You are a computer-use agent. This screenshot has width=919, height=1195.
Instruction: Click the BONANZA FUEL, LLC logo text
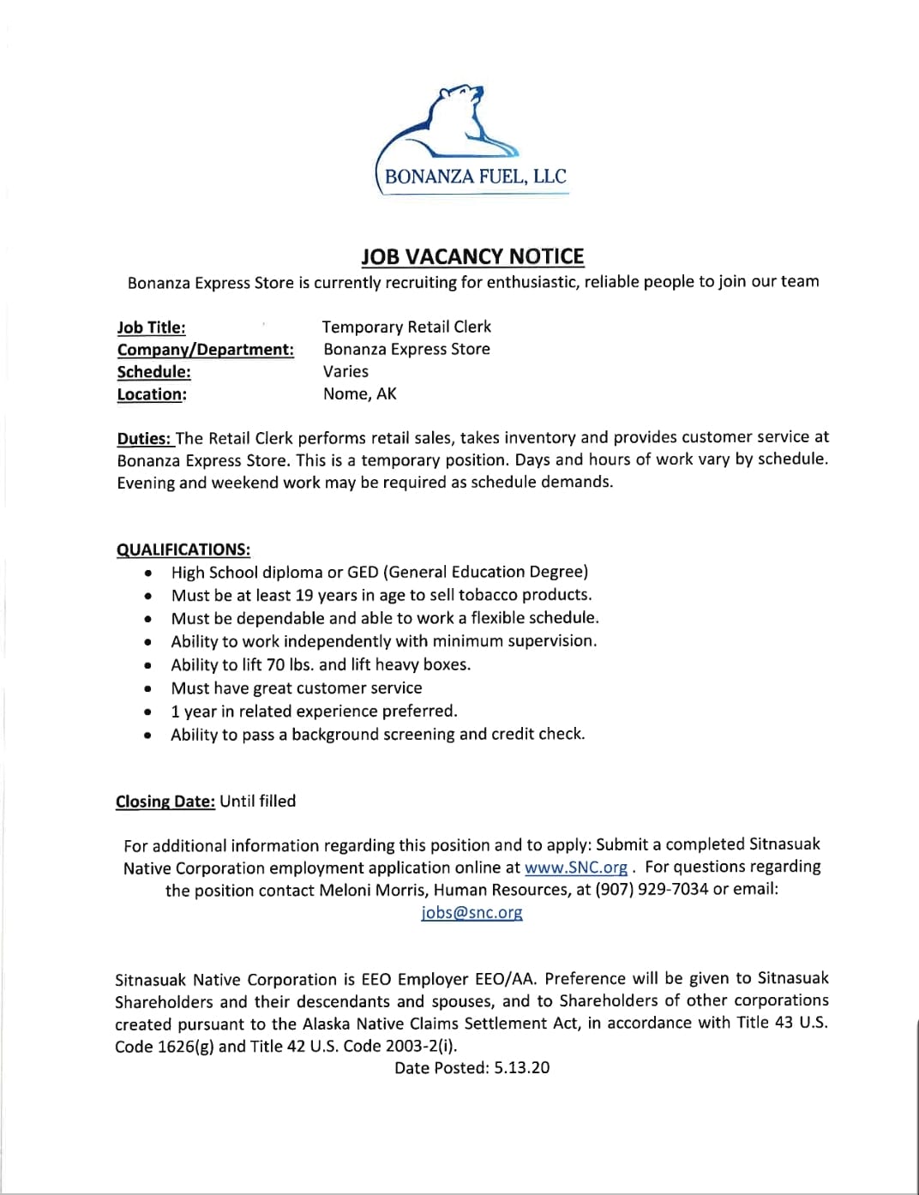(476, 177)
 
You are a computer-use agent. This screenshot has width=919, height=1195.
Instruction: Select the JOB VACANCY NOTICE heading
(472, 256)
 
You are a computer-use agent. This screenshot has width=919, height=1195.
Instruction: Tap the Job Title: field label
(151, 327)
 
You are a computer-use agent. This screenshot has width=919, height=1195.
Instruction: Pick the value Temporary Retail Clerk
(406, 327)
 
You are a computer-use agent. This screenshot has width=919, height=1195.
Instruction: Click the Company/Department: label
(205, 350)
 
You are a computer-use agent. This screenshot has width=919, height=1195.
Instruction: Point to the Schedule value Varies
(345, 371)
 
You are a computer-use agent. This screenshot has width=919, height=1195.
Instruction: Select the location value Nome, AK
(359, 393)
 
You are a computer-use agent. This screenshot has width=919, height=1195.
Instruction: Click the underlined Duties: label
(144, 438)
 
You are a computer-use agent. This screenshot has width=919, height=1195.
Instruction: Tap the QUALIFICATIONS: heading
(183, 549)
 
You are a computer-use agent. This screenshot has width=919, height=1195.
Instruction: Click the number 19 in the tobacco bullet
(303, 595)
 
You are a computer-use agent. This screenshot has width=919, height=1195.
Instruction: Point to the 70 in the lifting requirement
(275, 664)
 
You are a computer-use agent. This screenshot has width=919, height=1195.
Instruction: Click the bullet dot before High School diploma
(150, 573)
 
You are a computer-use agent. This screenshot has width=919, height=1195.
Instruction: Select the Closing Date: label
(165, 802)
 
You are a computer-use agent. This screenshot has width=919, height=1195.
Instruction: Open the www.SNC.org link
(575, 867)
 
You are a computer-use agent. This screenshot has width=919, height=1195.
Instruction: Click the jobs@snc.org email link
(472, 912)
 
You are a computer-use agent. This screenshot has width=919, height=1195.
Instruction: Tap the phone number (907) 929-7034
(652, 889)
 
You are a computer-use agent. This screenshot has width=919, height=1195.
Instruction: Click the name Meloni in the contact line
(349, 890)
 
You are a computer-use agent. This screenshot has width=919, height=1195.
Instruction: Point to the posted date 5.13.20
(522, 1068)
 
